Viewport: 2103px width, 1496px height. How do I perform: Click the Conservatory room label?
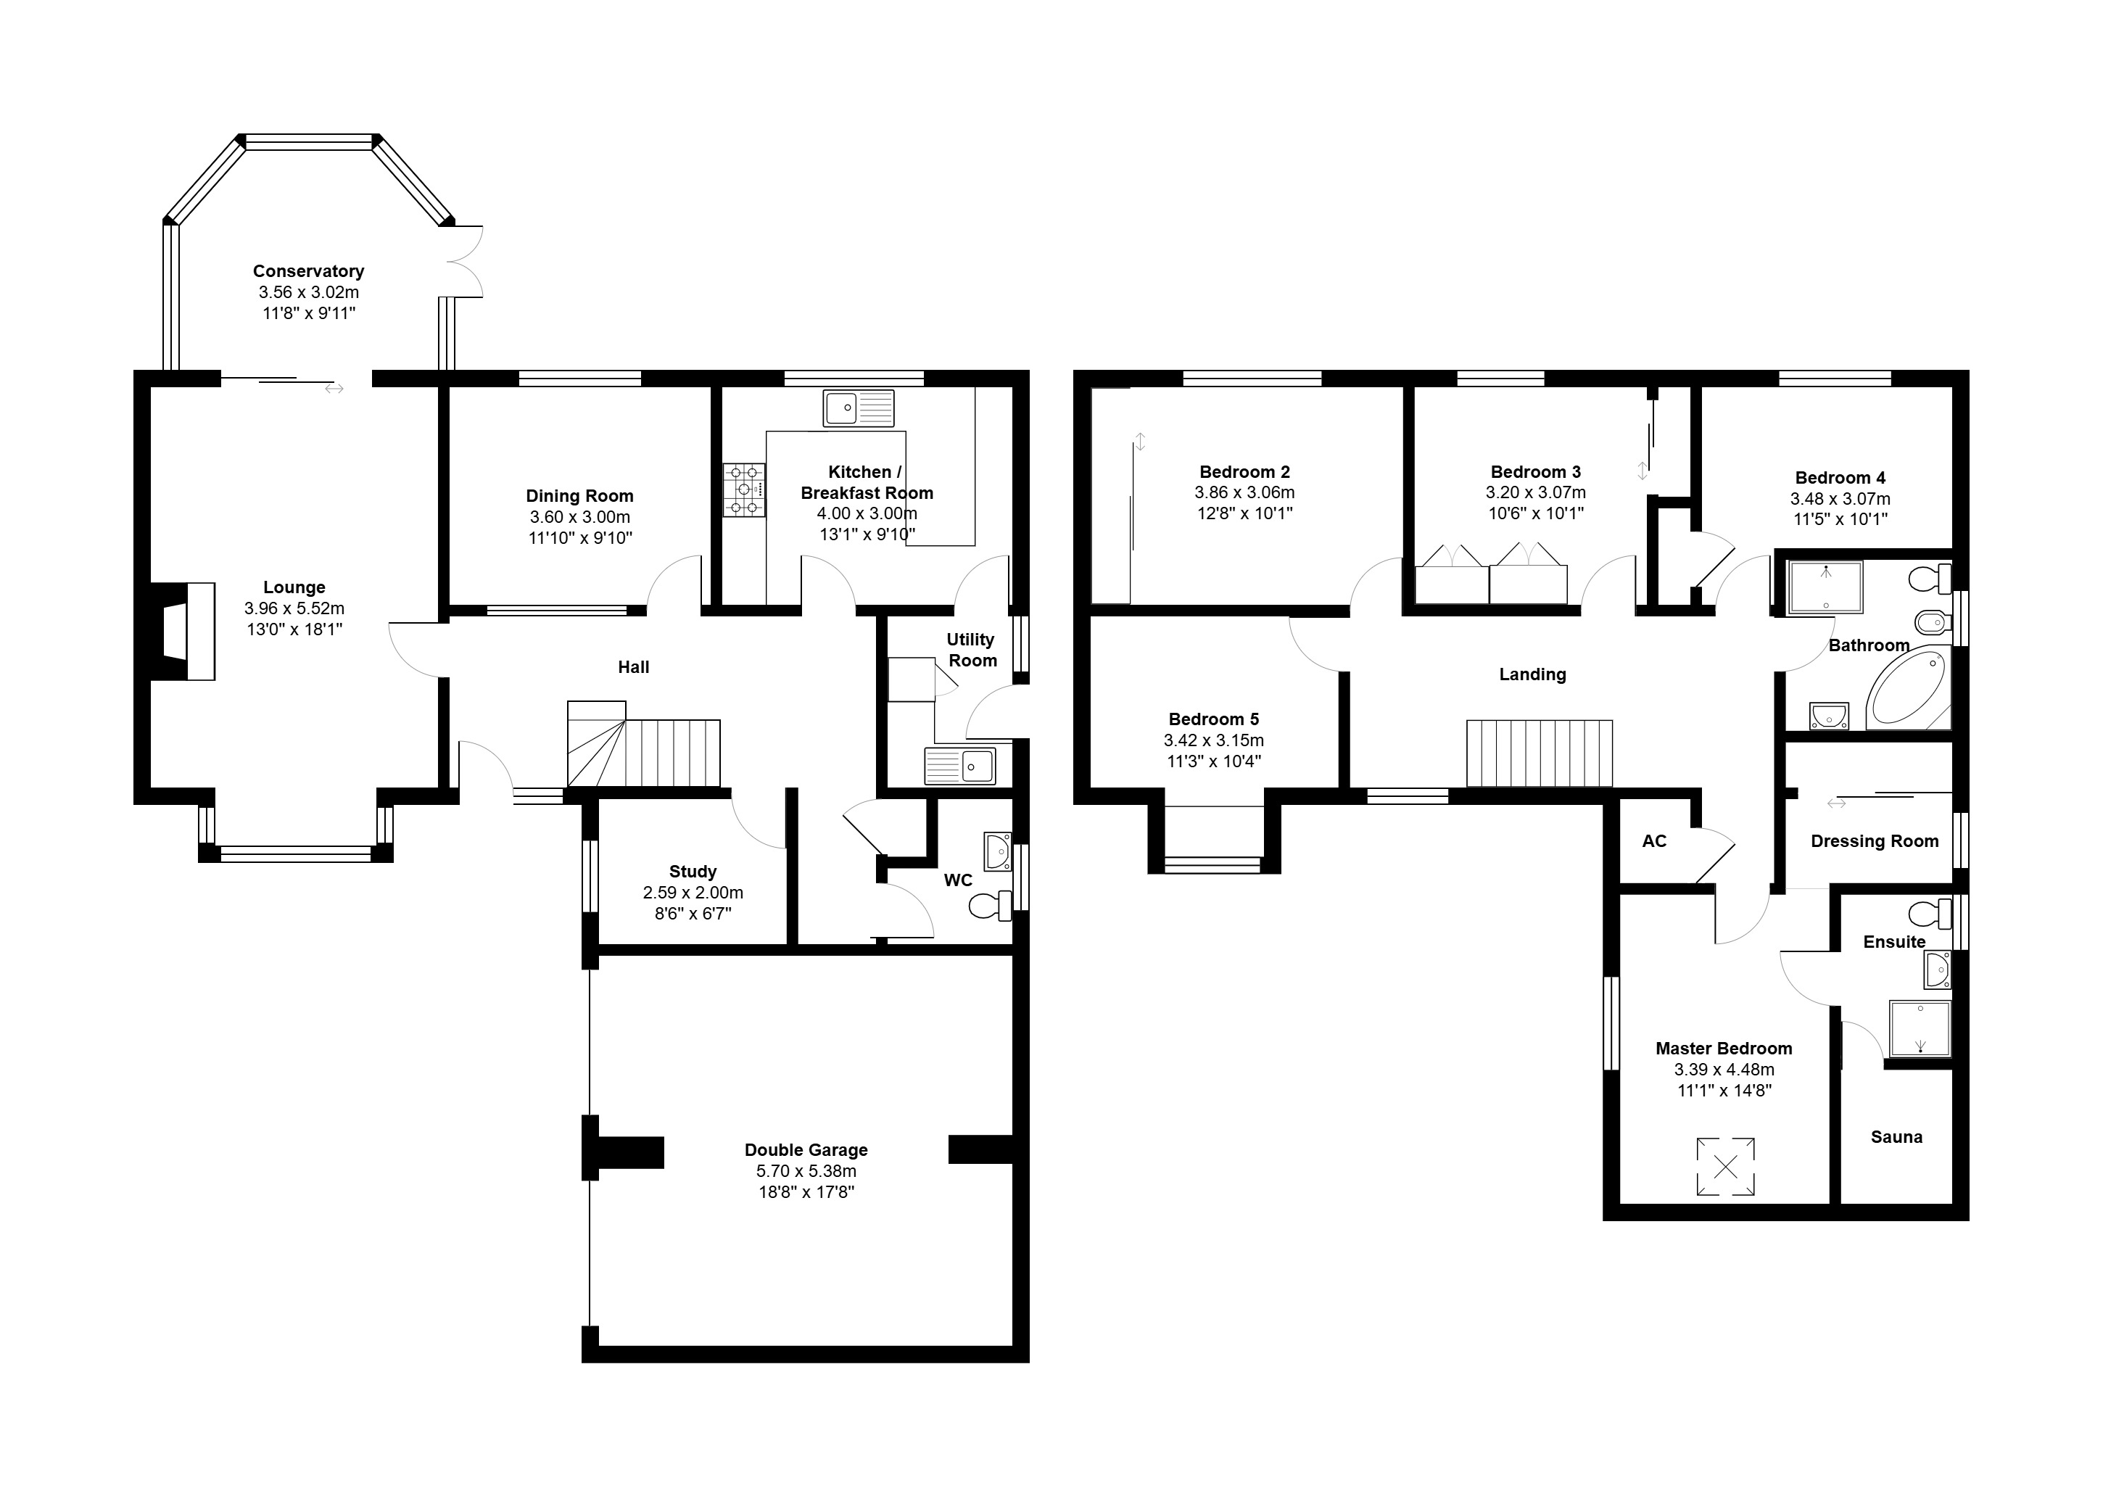309,270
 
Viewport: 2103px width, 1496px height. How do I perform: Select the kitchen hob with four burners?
744,489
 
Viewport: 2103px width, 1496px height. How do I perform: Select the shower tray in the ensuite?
1920,1028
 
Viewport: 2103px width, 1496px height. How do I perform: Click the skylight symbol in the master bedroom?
1725,1167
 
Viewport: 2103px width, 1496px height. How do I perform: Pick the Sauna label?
1896,1137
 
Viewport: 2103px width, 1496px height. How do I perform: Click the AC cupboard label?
1654,841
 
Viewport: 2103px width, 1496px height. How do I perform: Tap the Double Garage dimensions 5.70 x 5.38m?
806,1171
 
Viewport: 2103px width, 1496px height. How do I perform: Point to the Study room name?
693,872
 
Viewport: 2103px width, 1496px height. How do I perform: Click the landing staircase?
1540,753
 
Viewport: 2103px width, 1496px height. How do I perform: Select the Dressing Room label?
1875,841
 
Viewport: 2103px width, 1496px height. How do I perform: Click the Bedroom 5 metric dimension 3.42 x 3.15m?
1214,740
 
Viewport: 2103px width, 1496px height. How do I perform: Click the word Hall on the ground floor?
634,667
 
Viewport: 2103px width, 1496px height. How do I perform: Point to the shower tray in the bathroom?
1825,587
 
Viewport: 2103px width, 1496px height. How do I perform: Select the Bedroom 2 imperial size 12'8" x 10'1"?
1244,514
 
